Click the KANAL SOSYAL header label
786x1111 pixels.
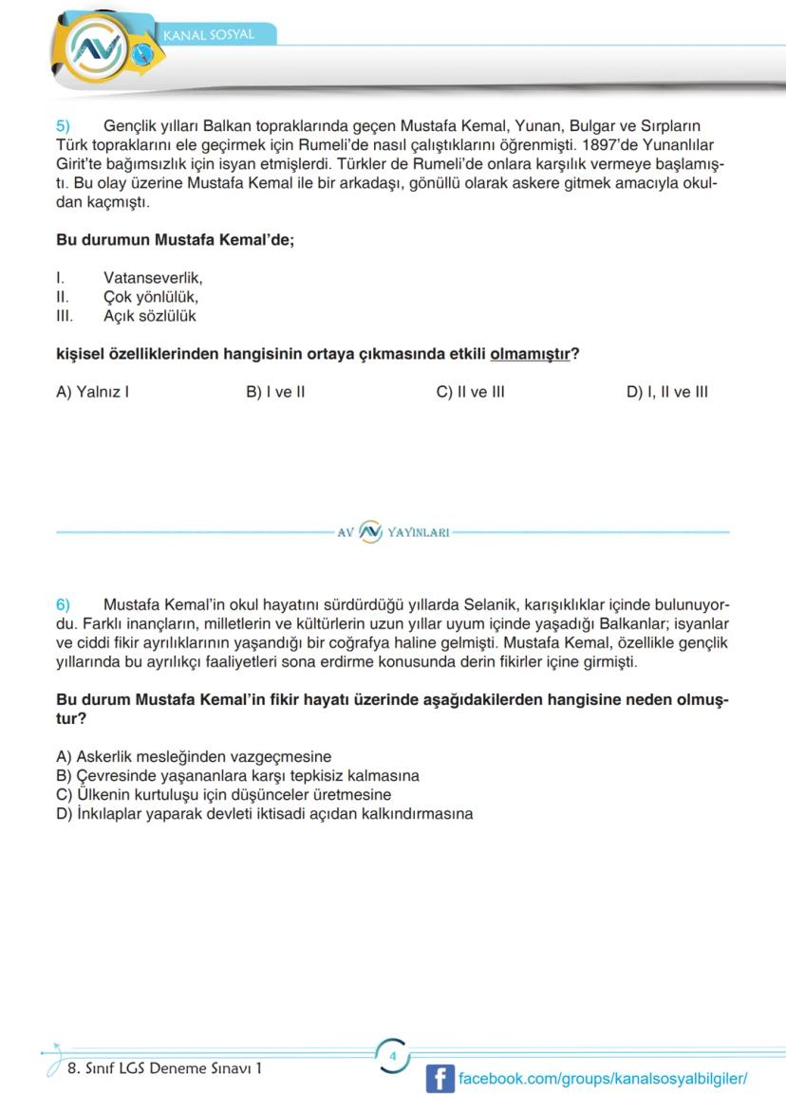click(x=209, y=35)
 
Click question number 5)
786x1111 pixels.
click(x=64, y=125)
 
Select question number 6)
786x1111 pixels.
click(x=64, y=604)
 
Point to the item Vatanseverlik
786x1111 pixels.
click(x=153, y=278)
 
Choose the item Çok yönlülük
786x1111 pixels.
click(x=151, y=297)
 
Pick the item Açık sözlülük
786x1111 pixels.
click(x=149, y=316)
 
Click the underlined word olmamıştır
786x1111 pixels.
click(x=530, y=354)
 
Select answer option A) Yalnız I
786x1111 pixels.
click(x=92, y=392)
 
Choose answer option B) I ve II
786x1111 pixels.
click(x=274, y=392)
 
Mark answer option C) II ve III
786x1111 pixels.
click(x=470, y=392)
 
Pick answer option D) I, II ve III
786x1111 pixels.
click(x=666, y=392)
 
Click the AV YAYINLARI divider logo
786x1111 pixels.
click(x=393, y=532)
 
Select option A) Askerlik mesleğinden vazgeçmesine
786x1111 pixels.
click(x=194, y=756)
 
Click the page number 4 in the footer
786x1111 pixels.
click(x=392, y=1056)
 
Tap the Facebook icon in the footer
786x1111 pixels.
click(x=440, y=1079)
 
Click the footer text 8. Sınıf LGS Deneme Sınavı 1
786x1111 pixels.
click(x=164, y=1067)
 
